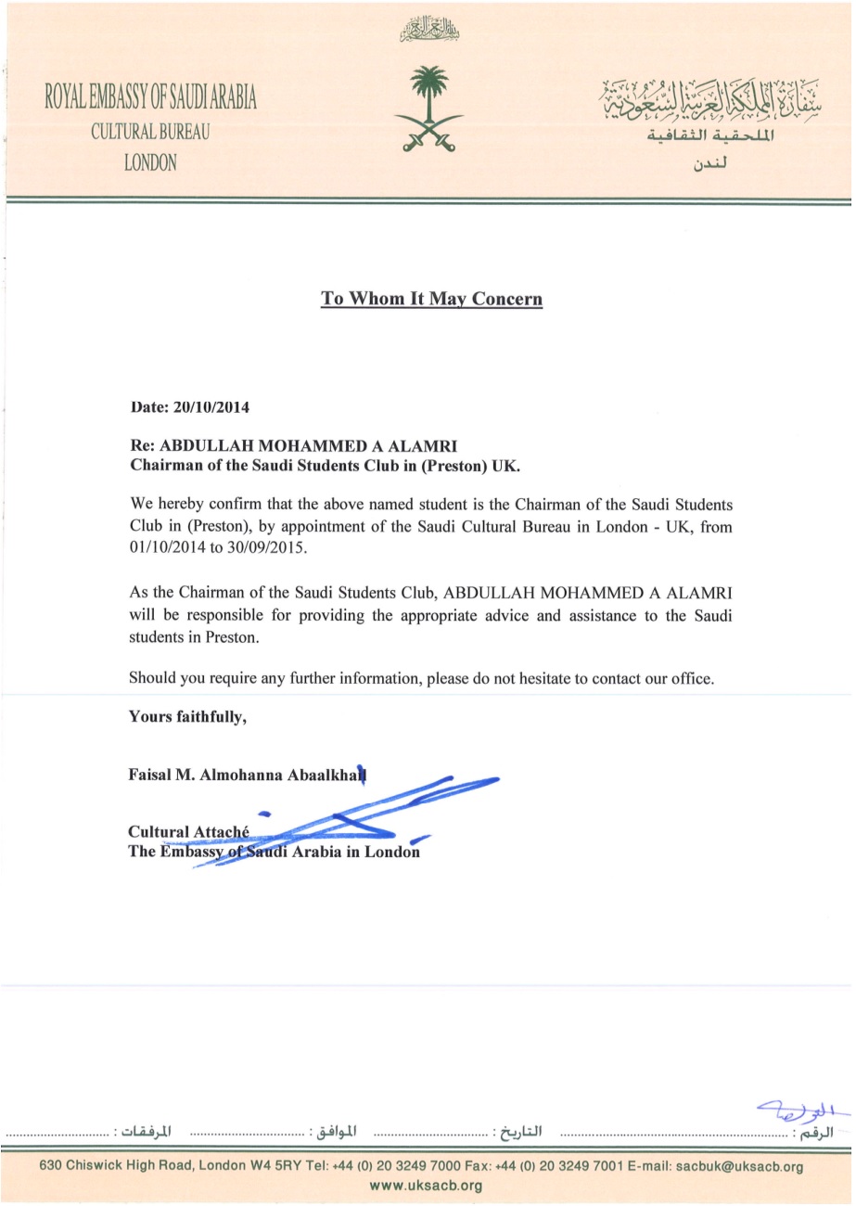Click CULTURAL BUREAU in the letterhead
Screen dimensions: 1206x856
[150, 131]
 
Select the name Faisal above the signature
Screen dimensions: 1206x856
[151, 773]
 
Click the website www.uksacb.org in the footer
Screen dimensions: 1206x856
[427, 1186]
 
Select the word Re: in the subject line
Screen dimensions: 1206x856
[144, 445]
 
